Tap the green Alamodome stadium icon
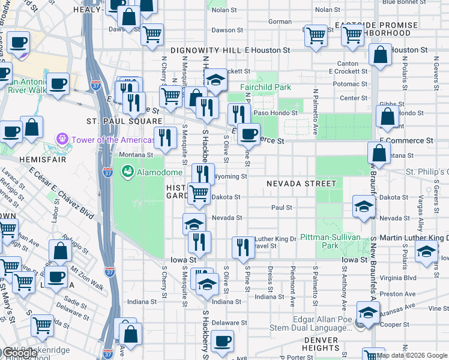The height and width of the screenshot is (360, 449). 127,172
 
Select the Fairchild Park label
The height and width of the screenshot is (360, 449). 265,88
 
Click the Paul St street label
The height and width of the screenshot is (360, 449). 281,208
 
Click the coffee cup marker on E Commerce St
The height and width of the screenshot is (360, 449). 248,134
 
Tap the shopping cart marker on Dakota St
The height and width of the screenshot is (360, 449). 199,193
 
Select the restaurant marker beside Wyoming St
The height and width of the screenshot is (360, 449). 203,173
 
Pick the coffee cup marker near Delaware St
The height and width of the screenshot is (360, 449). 222,341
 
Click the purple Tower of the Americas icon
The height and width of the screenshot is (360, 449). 61,140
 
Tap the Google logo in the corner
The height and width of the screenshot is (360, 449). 20,353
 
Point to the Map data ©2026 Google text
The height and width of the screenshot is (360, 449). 412,355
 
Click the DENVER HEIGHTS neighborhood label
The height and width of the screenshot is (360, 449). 321,344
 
